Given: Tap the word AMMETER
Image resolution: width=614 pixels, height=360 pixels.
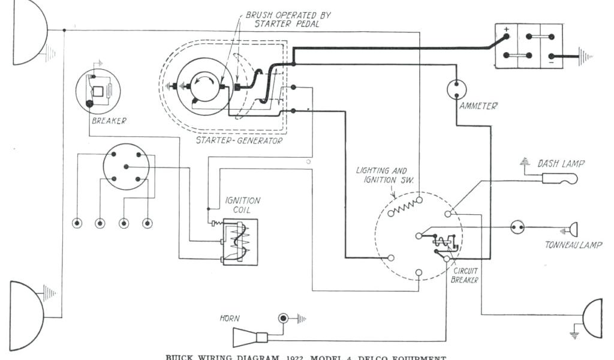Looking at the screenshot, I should point(478,106).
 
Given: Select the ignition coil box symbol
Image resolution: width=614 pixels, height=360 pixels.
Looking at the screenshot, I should point(240,242).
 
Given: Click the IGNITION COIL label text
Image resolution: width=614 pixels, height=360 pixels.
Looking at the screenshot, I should point(243,205).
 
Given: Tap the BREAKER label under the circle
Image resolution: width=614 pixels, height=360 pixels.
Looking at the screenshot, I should point(109,121).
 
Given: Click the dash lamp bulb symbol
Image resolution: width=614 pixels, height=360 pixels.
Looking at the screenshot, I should point(559,178).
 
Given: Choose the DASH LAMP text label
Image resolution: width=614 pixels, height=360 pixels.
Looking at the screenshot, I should point(561,163).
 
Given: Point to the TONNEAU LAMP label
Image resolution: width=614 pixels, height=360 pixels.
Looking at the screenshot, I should point(573,245).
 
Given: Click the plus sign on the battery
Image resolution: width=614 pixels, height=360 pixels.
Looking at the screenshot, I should point(506,29).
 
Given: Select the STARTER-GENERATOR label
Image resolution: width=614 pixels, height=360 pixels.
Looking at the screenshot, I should point(239,140).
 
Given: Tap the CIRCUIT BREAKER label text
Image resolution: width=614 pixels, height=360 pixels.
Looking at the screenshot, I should point(465,275).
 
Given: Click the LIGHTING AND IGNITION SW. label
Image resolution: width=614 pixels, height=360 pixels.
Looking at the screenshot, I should point(381,175).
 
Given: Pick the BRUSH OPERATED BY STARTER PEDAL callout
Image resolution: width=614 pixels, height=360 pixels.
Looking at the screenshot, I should point(288,19).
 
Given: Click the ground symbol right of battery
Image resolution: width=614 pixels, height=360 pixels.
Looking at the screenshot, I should point(586,57).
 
